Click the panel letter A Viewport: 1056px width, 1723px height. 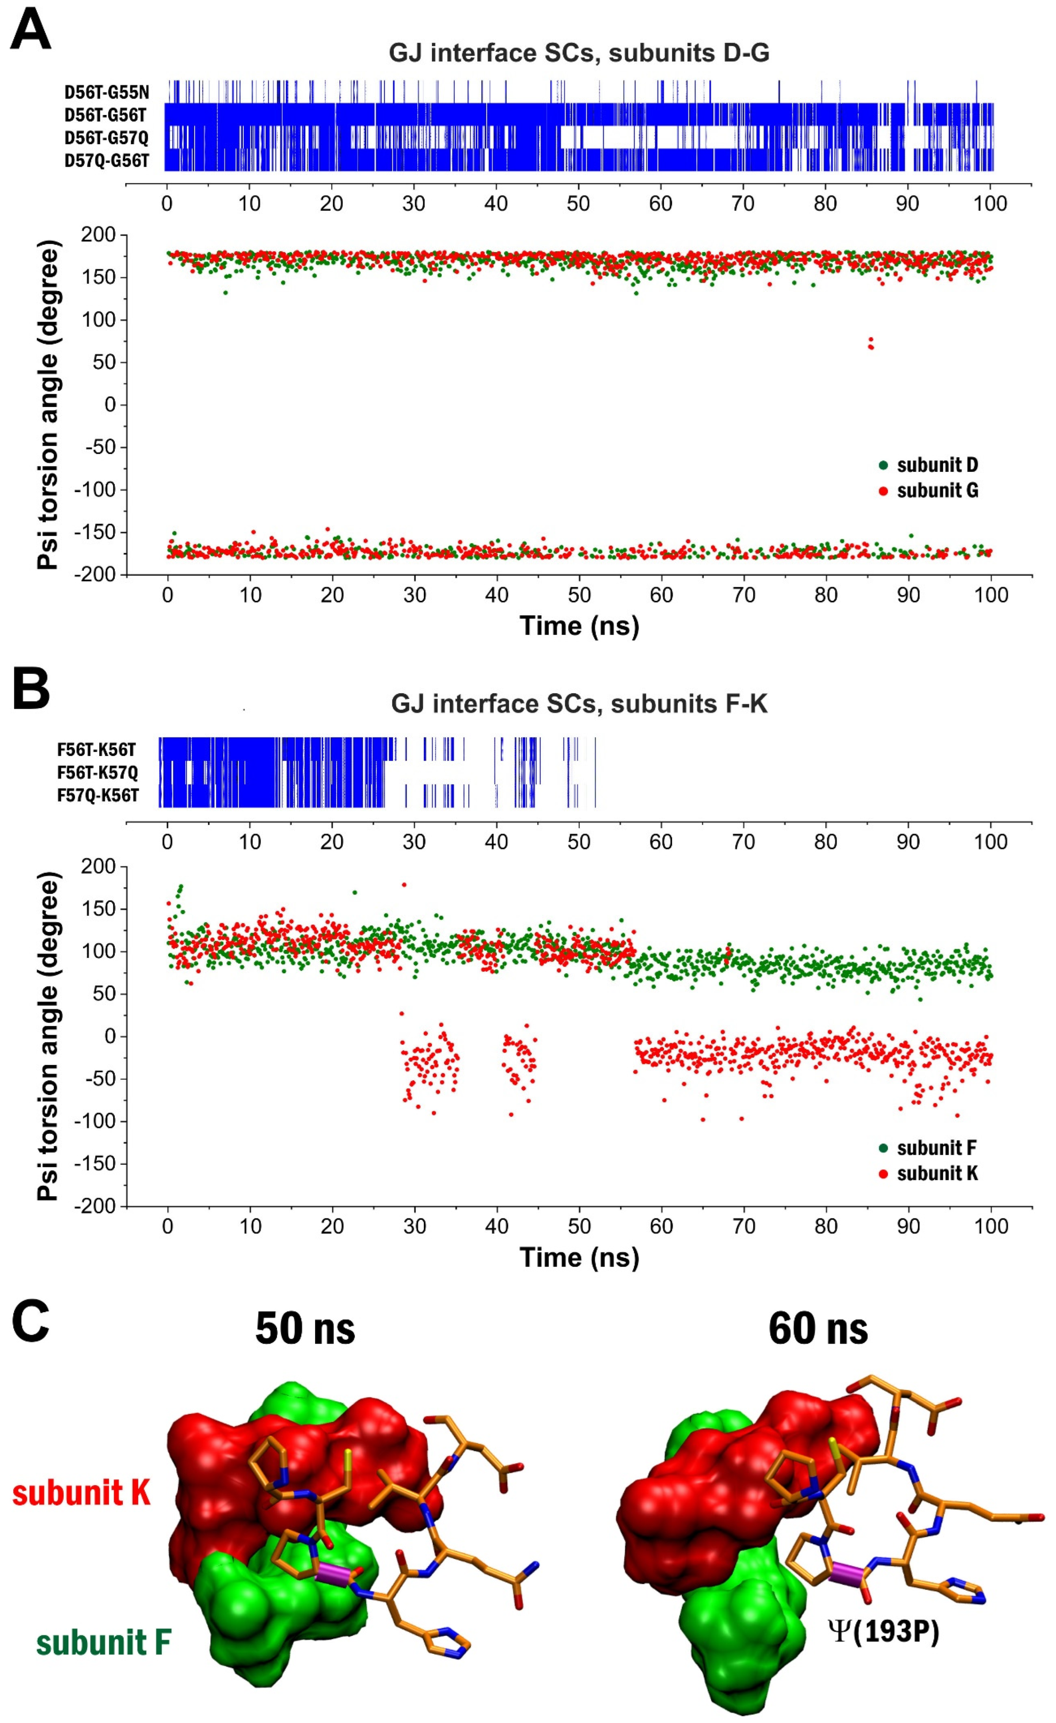coord(31,28)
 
